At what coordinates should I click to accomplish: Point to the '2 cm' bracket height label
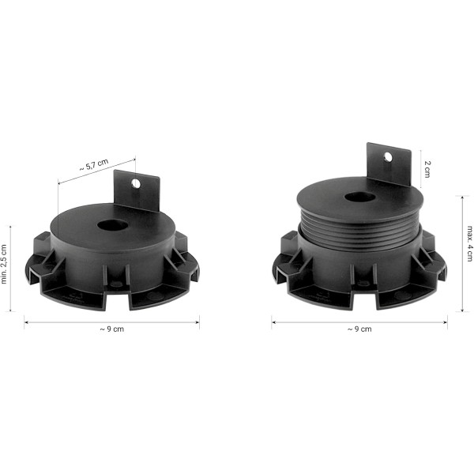tap(427, 167)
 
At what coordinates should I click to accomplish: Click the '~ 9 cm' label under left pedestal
tap(112, 329)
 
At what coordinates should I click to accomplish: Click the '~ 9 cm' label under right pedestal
tap(359, 329)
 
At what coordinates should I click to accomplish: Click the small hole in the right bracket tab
tap(389, 157)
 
